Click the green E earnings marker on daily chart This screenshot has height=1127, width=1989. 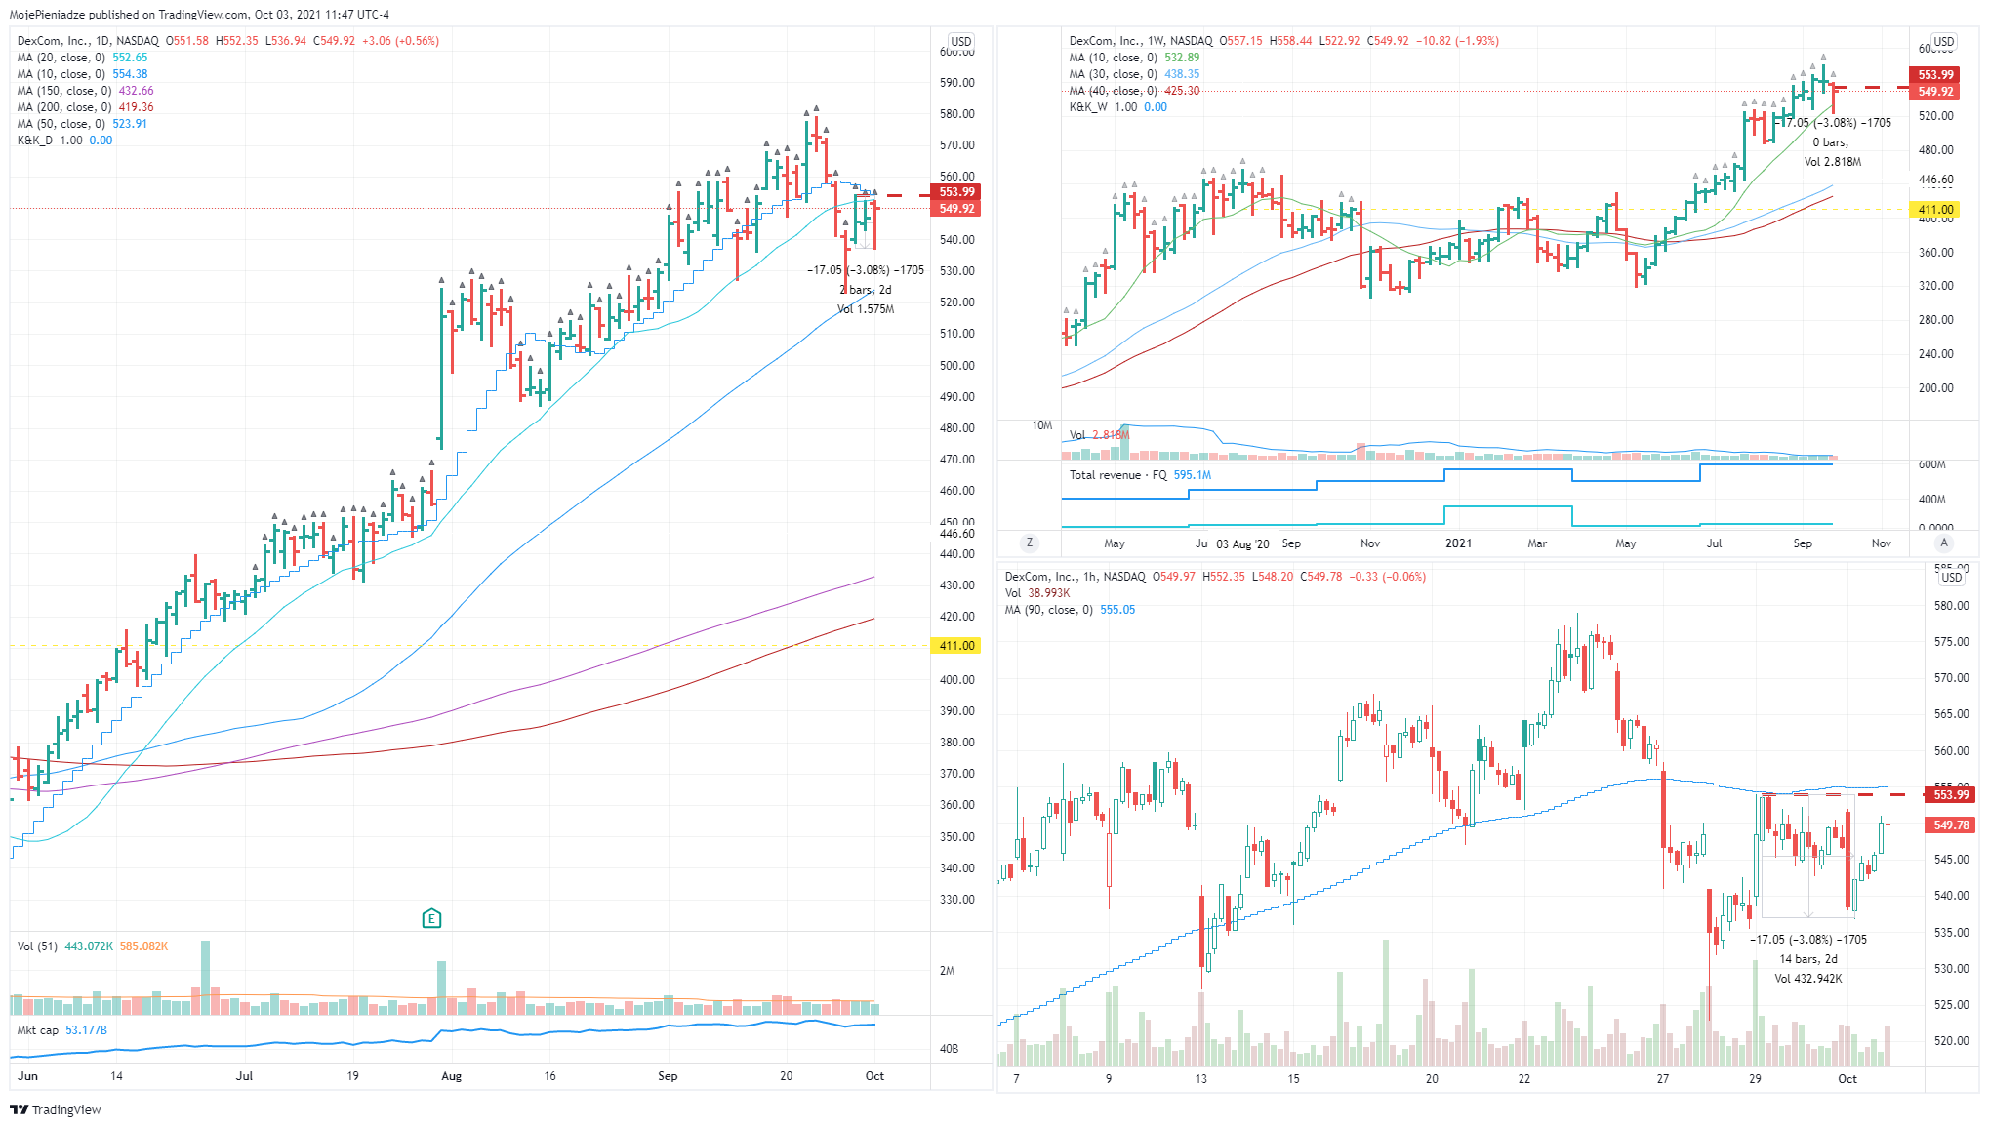431,918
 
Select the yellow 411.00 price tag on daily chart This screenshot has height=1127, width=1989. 956,646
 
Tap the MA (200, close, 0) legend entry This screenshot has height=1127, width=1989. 64,107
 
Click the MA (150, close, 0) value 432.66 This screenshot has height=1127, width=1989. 136,91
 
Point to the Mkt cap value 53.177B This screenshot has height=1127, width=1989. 86,1030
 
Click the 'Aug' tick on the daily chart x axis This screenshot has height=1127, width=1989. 451,1076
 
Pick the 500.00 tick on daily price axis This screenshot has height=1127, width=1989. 956,366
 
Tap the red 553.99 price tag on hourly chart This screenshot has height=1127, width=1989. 1951,795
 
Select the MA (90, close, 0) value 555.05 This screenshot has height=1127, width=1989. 1117,610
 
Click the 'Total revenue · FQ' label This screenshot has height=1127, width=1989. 1117,475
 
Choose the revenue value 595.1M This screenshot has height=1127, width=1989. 1192,475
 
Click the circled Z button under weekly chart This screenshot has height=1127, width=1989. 1029,543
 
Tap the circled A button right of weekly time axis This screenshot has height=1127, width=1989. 1944,543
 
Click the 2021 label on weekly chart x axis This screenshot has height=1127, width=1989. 1458,543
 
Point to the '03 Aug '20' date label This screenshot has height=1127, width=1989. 1242,544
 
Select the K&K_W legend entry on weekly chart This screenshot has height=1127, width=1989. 1088,107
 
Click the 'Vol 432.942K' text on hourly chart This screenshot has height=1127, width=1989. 1807,979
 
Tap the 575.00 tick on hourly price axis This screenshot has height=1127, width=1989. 1951,642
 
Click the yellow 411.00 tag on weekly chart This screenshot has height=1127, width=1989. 1935,210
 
